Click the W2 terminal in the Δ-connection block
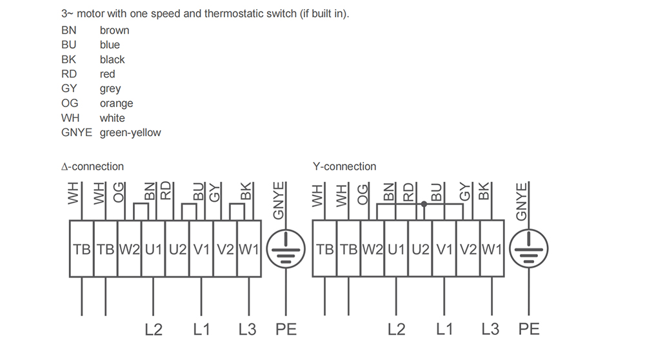[130, 249]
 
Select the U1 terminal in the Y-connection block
[397, 249]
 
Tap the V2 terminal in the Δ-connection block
[225, 249]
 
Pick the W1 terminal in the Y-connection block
[492, 249]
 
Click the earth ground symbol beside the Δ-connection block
[286, 249]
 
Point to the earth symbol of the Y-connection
[529, 249]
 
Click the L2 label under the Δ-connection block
[154, 329]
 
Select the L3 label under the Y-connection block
[490, 329]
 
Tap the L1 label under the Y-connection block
[444, 329]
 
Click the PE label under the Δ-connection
[286, 329]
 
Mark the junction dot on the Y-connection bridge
[424, 204]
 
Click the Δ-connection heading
[92, 166]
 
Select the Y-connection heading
[344, 166]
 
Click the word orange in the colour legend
[116, 103]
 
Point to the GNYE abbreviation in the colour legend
[77, 132]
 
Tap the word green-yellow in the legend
[130, 133]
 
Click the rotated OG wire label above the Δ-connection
[119, 193]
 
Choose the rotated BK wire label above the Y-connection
[484, 192]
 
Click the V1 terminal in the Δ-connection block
[201, 249]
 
